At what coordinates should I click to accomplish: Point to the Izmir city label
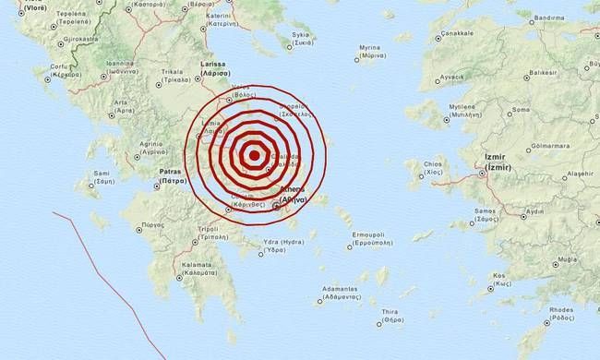(x=495, y=173)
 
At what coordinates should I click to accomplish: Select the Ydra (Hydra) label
(x=282, y=242)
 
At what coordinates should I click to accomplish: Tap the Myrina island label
(x=370, y=48)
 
